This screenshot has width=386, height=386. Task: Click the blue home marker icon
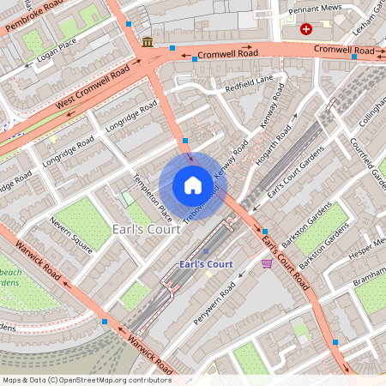pos(193,185)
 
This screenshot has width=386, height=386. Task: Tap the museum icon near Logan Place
pos(148,42)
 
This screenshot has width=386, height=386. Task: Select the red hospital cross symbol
pos(306,29)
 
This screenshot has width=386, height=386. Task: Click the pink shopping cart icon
pos(267,263)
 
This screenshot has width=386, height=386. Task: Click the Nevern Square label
pos(70,235)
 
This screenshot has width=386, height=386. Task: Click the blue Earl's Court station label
pos(206,263)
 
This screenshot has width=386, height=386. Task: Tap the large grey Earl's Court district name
pos(147,229)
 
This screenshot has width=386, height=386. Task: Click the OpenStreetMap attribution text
pos(87,380)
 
